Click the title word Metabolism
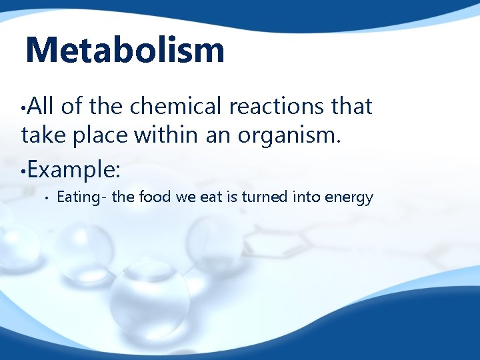click(x=125, y=51)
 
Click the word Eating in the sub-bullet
click(x=77, y=197)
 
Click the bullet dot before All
click(x=23, y=109)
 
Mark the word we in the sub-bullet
click(x=184, y=197)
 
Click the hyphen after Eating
click(x=99, y=198)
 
